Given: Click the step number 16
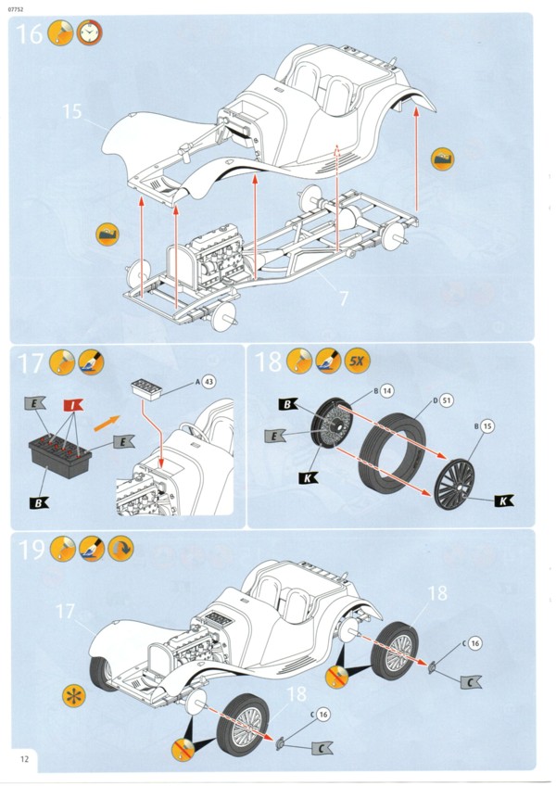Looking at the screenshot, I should point(30,34).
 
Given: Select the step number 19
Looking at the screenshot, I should point(32,549).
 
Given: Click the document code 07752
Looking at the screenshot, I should point(18,9).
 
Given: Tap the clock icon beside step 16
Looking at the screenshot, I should point(90,33).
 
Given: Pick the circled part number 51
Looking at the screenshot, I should point(447,399).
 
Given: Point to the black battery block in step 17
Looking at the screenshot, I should point(61,458).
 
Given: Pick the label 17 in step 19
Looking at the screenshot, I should point(63,612).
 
